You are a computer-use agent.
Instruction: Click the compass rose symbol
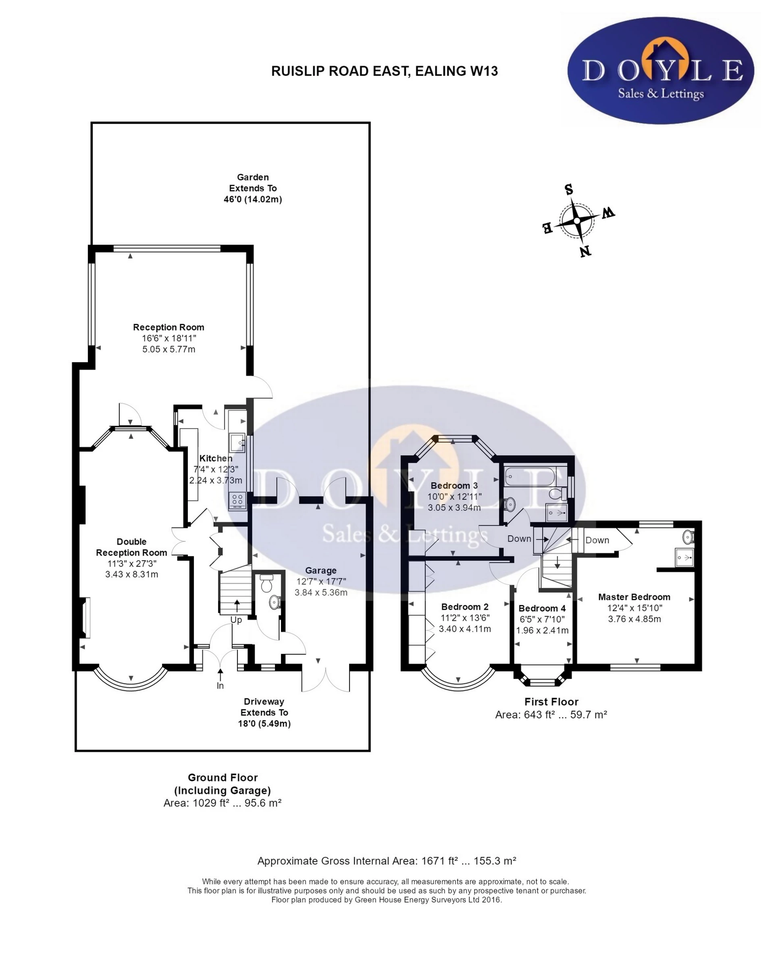pos(577,220)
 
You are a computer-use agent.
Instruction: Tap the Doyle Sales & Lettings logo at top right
pos(660,70)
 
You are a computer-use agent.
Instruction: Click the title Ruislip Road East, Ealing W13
pos(384,71)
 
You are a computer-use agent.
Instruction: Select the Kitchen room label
pos(216,458)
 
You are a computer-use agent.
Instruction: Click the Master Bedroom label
pos(634,597)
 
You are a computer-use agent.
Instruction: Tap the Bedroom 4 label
pos(542,609)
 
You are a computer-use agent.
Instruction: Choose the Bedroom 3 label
pos(454,485)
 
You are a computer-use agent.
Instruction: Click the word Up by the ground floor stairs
pos(236,620)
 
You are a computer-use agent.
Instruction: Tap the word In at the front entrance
pos(220,686)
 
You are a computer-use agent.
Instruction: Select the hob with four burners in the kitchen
pos(237,501)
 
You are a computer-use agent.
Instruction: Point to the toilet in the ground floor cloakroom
pos(266,584)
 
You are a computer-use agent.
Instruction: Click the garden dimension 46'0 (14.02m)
pos(253,199)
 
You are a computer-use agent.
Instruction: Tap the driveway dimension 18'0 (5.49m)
pos(264,724)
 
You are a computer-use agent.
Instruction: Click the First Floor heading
pos(551,702)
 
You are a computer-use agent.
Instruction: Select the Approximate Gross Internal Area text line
pos(387,861)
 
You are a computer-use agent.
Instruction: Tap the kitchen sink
pos(236,442)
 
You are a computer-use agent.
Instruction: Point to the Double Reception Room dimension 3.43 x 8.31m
pos(131,574)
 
